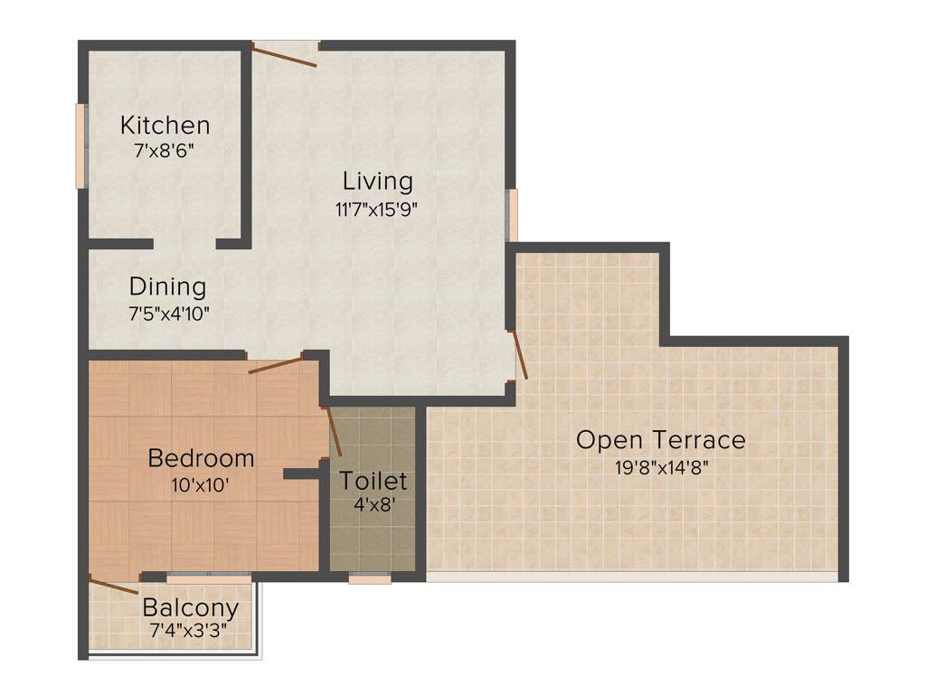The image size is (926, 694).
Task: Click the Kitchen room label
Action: click(x=165, y=125)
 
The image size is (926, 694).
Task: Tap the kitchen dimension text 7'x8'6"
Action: click(x=165, y=151)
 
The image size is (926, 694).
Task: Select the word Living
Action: click(x=377, y=182)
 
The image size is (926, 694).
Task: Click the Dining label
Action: click(x=167, y=287)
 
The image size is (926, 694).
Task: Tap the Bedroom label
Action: click(x=201, y=458)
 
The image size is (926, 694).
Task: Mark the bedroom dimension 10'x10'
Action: click(x=200, y=485)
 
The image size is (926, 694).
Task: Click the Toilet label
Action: click(x=373, y=481)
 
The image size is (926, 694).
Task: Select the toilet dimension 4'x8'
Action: click(x=373, y=507)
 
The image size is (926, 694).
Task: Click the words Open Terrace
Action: click(x=661, y=441)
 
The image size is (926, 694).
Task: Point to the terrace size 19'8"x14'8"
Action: click(x=661, y=468)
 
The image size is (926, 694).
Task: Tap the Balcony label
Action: click(x=191, y=607)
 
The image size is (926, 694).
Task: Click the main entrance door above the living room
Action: click(x=285, y=55)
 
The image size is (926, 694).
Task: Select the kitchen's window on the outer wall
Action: click(x=80, y=145)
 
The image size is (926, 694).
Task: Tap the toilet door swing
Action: click(x=333, y=431)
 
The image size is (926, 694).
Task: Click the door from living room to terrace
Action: click(x=519, y=354)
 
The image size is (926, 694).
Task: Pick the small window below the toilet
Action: click(x=370, y=578)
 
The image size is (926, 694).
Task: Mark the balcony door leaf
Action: click(x=114, y=585)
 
